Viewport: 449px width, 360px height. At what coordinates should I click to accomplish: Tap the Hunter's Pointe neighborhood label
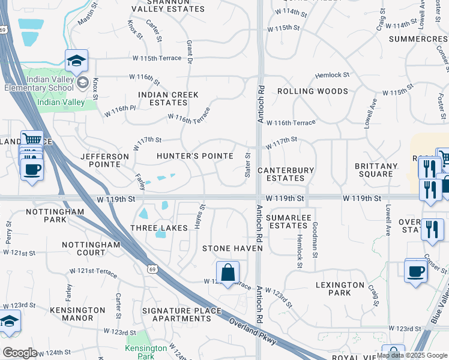pos(194,156)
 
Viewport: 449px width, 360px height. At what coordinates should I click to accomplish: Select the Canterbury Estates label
pos(285,174)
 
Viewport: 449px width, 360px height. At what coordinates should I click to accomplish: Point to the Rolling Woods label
pos(312,91)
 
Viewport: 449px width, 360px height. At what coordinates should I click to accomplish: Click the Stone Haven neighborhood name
pos(232,248)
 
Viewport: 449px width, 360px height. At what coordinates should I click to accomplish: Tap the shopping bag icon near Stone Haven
pos(228,273)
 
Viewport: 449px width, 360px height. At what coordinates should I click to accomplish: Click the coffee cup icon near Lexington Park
pos(416,271)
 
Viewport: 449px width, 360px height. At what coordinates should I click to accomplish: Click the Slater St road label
pos(247,164)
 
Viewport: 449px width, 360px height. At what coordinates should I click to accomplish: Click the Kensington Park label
pos(146,352)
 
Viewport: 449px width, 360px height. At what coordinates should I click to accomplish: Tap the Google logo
pos(20,353)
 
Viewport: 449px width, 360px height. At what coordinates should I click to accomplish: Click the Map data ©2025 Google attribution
pos(412,355)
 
